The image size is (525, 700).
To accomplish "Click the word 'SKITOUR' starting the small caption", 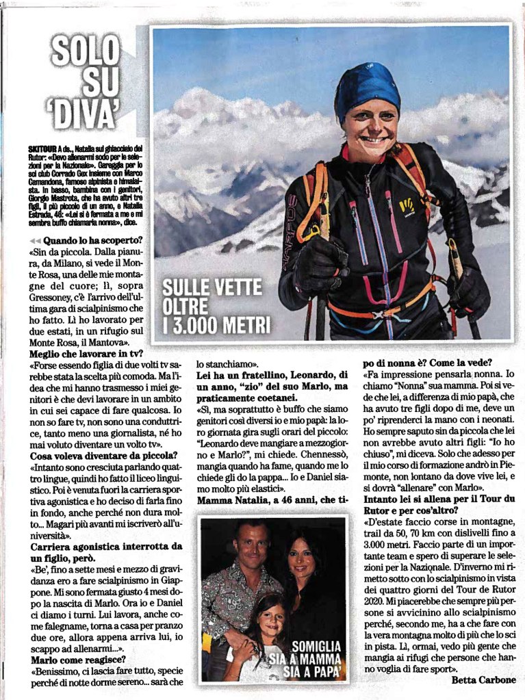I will [43, 148].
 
